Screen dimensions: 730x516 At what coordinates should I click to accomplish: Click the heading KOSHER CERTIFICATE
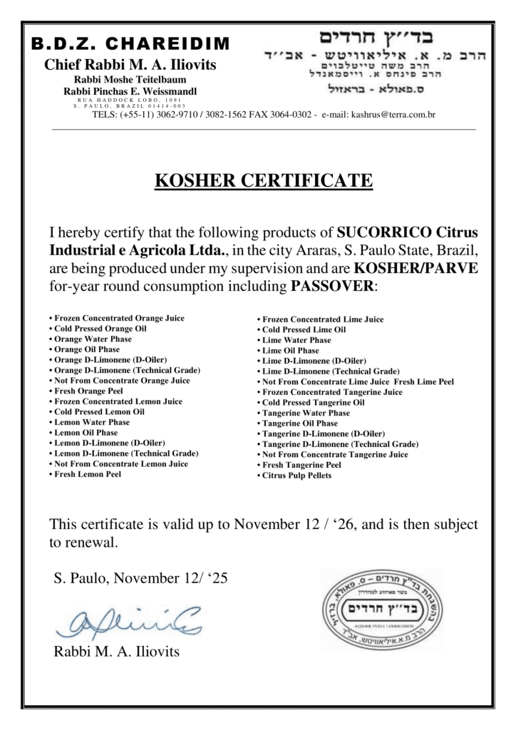point(263,180)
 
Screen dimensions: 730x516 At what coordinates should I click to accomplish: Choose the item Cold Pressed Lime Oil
point(304,330)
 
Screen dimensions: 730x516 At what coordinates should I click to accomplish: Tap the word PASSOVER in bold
point(332,287)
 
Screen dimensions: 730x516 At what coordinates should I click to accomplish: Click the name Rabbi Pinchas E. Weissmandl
point(130,91)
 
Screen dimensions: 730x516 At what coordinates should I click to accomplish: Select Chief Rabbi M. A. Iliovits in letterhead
point(130,65)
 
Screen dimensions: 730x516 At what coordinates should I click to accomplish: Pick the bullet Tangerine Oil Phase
point(300,423)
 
